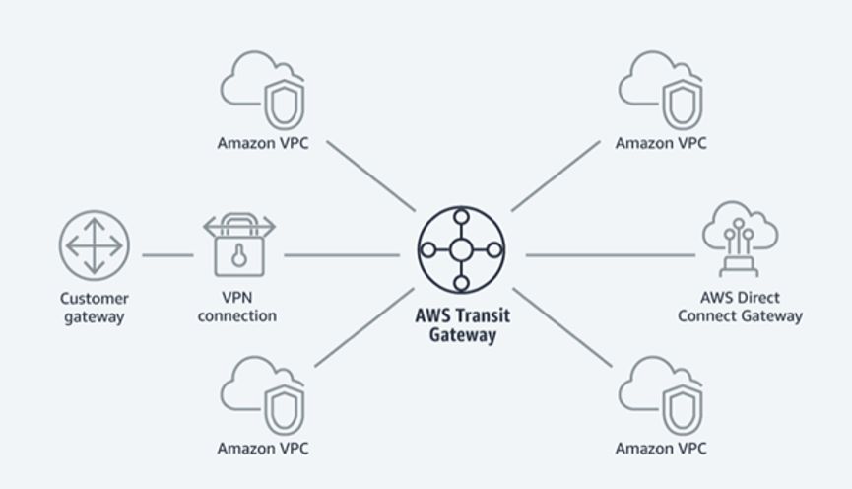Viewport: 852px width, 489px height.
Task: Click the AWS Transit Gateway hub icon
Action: [461, 250]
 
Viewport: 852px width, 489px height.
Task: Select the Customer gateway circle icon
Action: [95, 244]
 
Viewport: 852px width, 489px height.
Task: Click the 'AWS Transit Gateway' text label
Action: [462, 325]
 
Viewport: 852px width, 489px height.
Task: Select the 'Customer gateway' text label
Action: [95, 307]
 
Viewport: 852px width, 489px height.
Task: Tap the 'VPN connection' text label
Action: [236, 307]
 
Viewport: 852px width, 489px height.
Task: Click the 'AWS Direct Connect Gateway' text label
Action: [751, 307]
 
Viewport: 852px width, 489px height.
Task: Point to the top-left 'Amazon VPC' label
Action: [263, 143]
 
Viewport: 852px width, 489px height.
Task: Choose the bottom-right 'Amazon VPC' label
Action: [661, 449]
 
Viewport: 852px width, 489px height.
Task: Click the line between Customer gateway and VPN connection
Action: [167, 255]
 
